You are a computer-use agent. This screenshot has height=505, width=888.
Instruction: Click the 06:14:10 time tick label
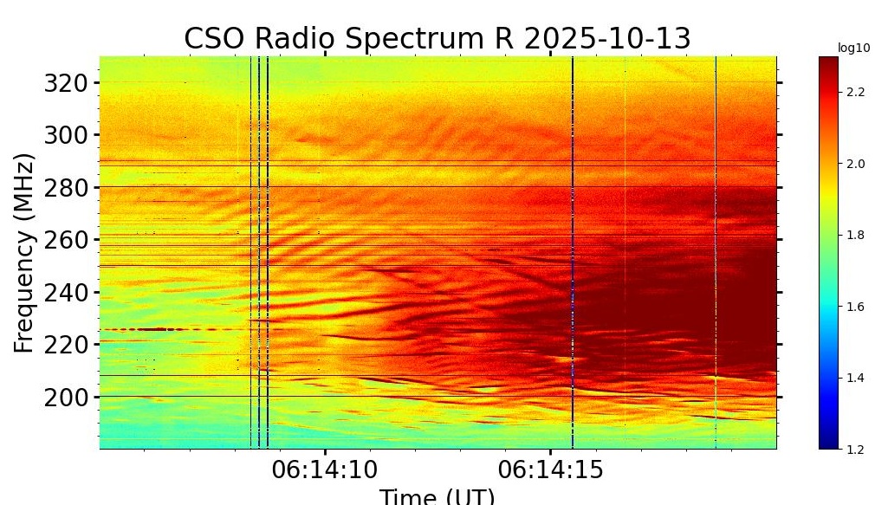(x=325, y=470)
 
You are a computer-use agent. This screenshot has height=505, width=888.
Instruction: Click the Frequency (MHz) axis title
(x=25, y=252)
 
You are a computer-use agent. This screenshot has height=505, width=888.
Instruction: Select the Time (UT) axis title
(x=437, y=496)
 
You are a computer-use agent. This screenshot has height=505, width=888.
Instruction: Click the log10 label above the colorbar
(x=852, y=48)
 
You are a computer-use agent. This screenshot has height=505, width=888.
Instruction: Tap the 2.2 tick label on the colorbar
(x=855, y=92)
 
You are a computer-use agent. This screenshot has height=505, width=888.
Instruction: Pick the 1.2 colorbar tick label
(x=855, y=449)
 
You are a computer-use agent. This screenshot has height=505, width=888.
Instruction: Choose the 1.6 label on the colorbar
(x=855, y=306)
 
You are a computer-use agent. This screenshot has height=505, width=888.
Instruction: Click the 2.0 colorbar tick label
(x=855, y=163)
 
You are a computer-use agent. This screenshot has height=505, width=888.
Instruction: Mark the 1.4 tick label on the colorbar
(x=855, y=378)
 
